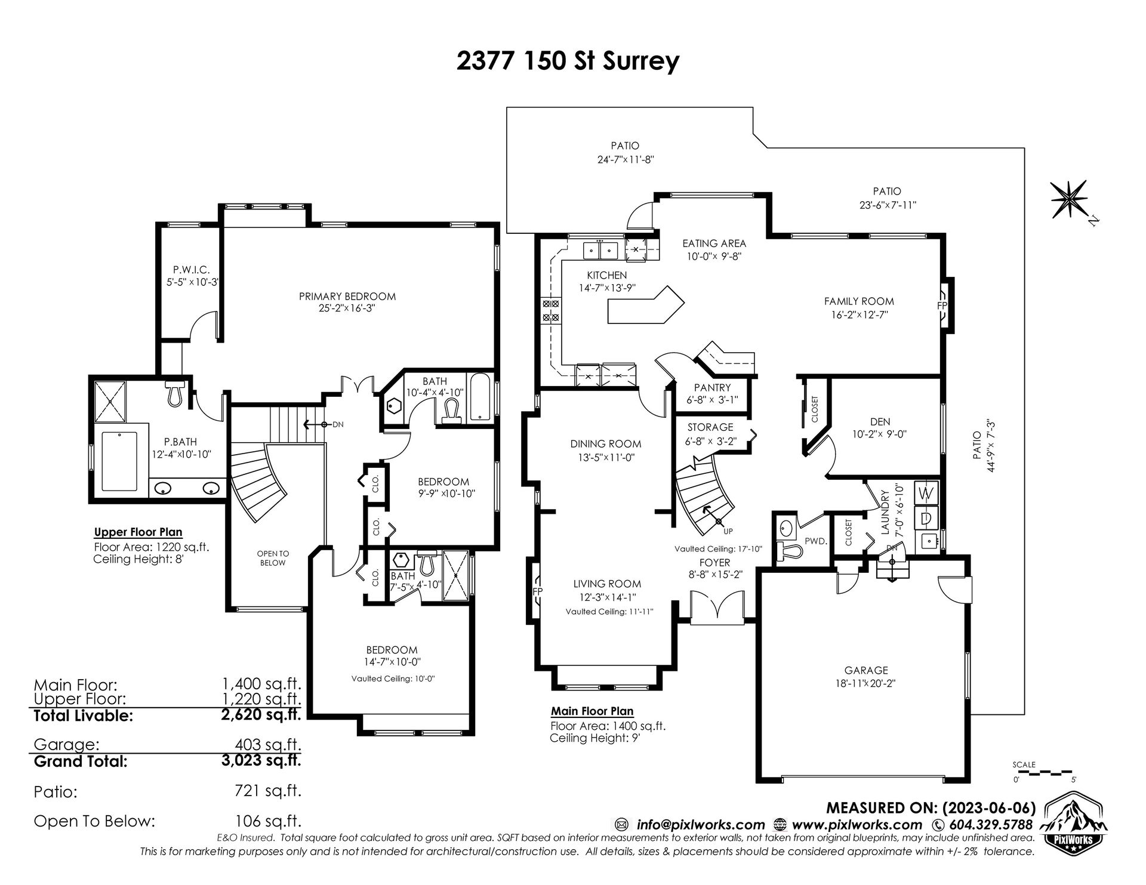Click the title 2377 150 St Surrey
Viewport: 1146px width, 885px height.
(568, 61)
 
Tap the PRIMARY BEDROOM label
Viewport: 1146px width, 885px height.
(347, 296)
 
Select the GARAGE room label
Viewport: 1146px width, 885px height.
(866, 670)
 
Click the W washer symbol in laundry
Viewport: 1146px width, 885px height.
(926, 493)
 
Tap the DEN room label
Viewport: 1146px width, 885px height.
(880, 422)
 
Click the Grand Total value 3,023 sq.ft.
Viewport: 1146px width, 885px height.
(261, 761)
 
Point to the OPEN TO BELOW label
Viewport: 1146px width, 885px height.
(273, 558)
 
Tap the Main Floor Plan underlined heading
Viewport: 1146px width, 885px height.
(592, 711)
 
